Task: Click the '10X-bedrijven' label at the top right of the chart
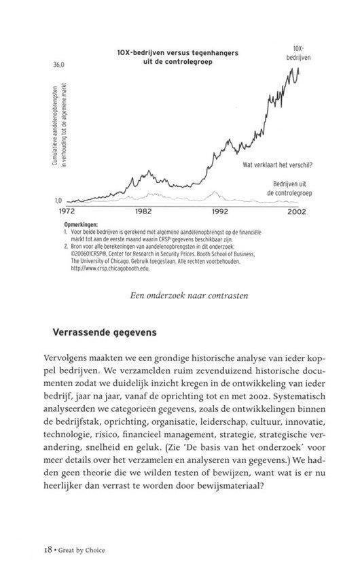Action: tap(298, 54)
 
